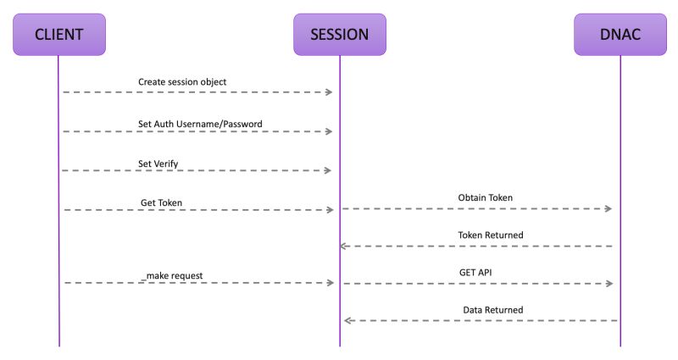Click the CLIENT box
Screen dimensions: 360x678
pyautogui.click(x=58, y=35)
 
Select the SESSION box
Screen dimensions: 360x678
pyautogui.click(x=339, y=35)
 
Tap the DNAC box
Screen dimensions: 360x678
pyautogui.click(x=620, y=35)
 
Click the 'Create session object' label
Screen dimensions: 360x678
pyautogui.click(x=182, y=82)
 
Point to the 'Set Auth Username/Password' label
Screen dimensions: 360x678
pyautogui.click(x=200, y=124)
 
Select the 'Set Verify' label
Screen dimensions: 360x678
pyautogui.click(x=158, y=163)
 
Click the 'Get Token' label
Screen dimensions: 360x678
pyautogui.click(x=162, y=202)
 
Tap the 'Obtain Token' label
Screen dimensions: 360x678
pyautogui.click(x=485, y=197)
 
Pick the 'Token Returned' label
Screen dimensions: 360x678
pyautogui.click(x=490, y=235)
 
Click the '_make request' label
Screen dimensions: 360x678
pyautogui.click(x=172, y=275)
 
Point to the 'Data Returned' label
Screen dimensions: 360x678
pyautogui.click(x=492, y=310)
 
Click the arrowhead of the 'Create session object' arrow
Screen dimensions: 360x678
pyautogui.click(x=330, y=91)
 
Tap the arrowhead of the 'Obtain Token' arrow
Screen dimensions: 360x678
pyautogui.click(x=609, y=208)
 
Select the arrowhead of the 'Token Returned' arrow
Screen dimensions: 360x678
pyautogui.click(x=344, y=246)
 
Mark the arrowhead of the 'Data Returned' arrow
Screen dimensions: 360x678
pyautogui.click(x=347, y=321)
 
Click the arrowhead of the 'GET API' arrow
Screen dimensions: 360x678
pyautogui.click(x=609, y=283)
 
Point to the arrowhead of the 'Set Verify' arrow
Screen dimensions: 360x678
pyautogui.click(x=330, y=170)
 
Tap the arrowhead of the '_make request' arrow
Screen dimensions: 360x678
pyautogui.click(x=330, y=283)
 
